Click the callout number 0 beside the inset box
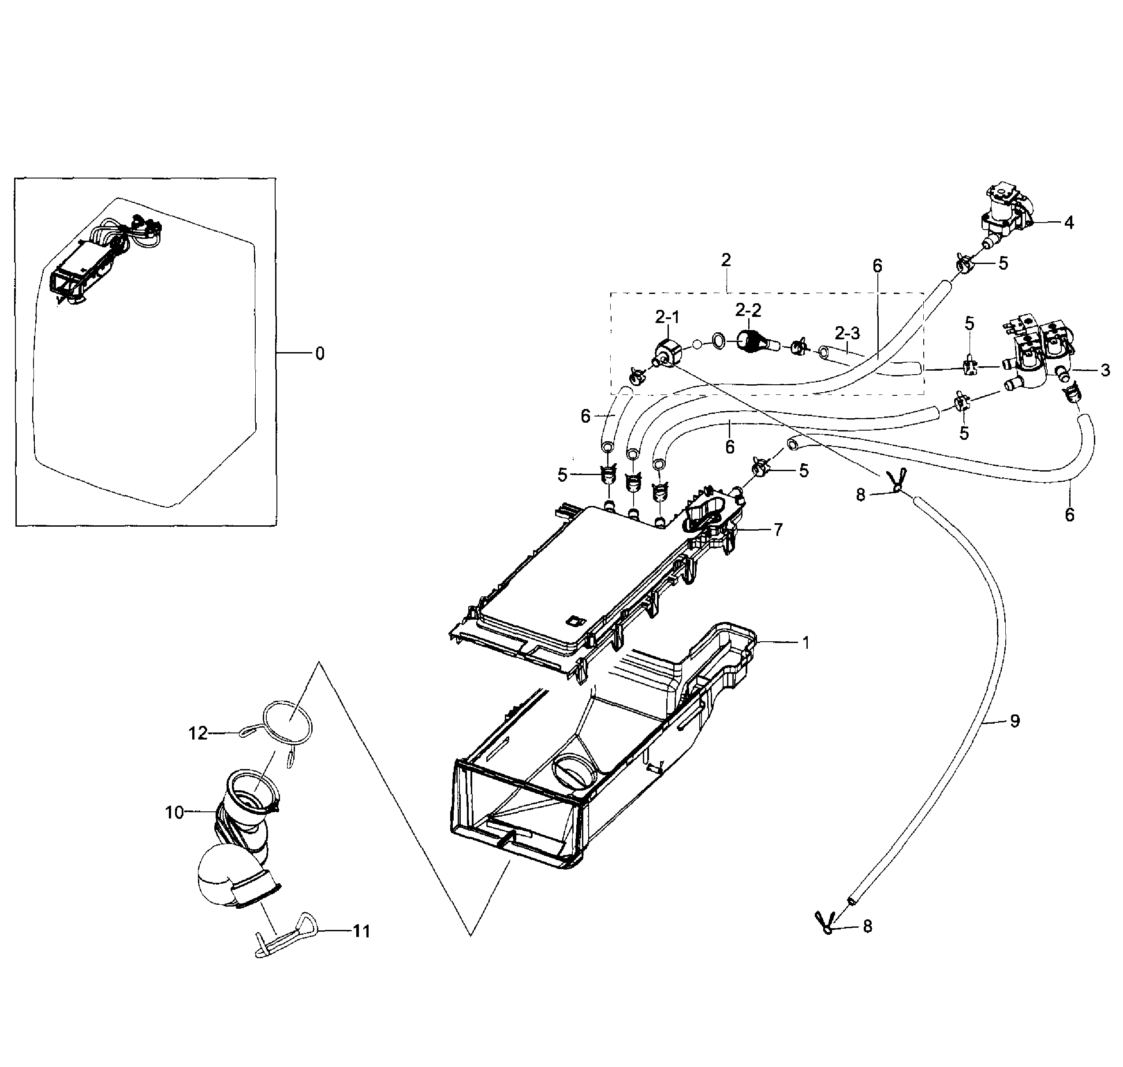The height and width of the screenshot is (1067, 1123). click(320, 354)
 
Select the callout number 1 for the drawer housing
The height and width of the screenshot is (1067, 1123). click(806, 643)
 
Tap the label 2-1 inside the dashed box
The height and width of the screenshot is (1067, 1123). click(667, 317)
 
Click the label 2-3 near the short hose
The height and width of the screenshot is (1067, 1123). click(847, 333)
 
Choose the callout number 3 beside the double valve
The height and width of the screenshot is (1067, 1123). click(1105, 371)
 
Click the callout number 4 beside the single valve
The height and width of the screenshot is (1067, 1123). click(1068, 223)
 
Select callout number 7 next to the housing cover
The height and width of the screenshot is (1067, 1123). click(778, 530)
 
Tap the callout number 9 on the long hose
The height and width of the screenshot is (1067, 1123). click(1015, 721)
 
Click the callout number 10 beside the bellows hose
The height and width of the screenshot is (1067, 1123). click(174, 812)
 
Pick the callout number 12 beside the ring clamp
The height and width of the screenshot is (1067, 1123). click(198, 734)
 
